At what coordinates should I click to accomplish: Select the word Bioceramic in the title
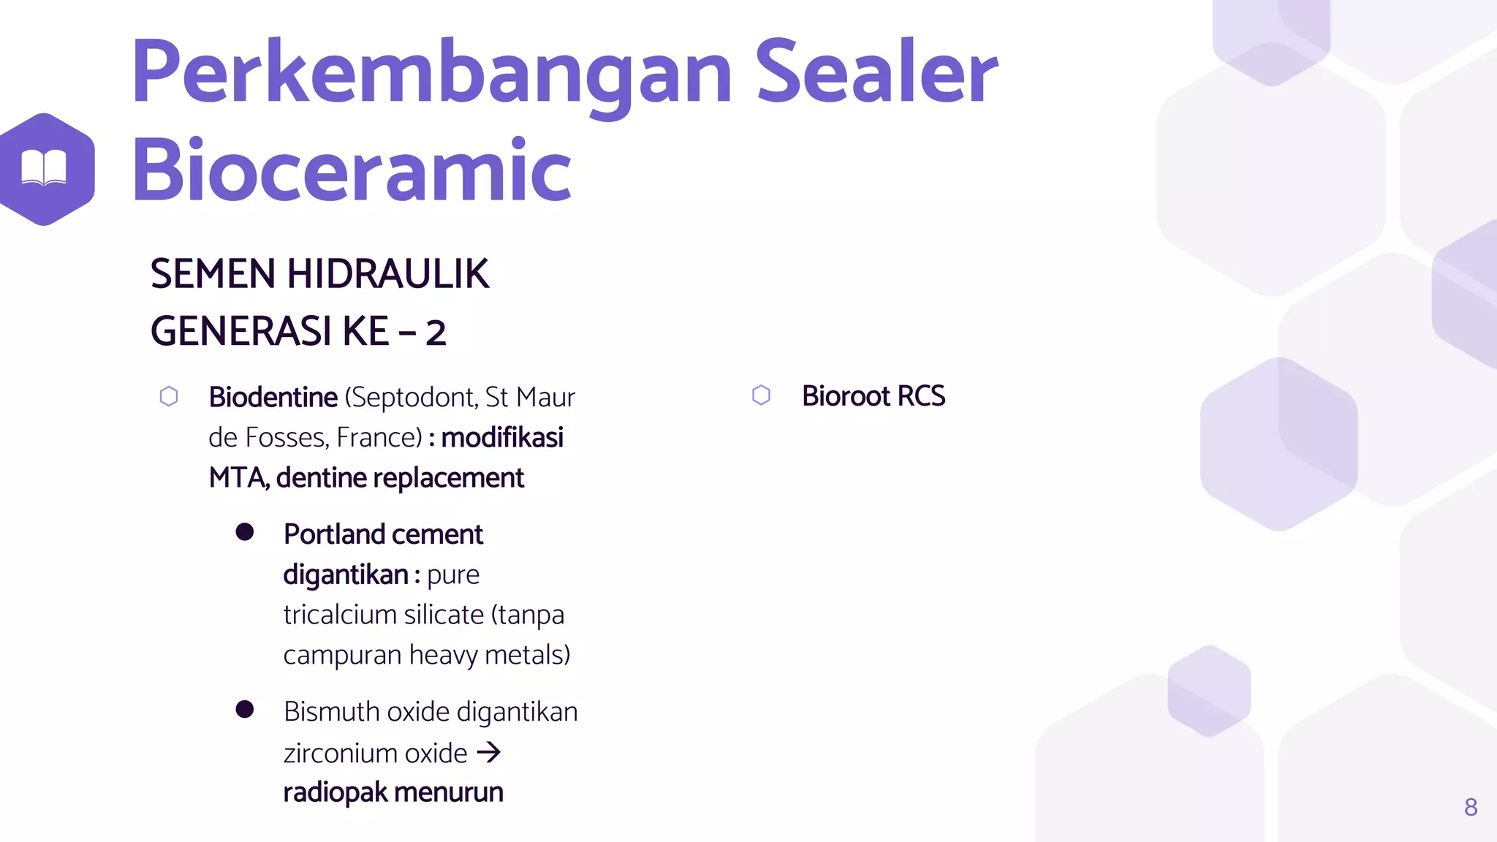tap(351, 170)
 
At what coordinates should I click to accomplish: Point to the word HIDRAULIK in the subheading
tap(387, 274)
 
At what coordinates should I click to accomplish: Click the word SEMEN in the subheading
tap(213, 274)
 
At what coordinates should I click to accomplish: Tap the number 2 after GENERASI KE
tap(436, 333)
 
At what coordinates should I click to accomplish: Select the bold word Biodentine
tap(273, 398)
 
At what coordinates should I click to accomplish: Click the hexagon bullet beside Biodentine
tap(169, 396)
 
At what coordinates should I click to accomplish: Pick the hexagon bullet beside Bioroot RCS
tap(761, 395)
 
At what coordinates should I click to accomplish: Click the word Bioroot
tap(846, 396)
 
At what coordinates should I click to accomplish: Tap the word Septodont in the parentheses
tap(413, 398)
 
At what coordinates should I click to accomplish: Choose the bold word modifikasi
tap(502, 438)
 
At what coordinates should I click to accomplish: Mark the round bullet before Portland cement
tap(245, 532)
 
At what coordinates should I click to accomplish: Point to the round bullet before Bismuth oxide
tap(245, 709)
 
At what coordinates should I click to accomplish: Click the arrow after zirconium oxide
tap(488, 752)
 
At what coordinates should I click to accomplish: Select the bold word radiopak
tap(335, 793)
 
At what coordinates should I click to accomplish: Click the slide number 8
tap(1471, 807)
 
